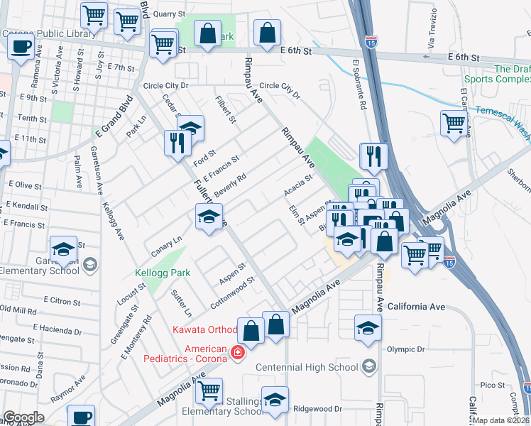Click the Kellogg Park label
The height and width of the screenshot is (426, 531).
[x=158, y=273]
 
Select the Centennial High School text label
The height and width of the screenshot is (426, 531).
[x=306, y=366]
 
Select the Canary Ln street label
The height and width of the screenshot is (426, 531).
[x=166, y=246]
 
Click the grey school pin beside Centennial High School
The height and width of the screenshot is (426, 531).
[x=368, y=366]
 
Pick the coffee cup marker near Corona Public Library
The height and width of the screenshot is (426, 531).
[x=21, y=47]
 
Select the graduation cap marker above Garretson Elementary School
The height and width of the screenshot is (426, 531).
[x=63, y=249]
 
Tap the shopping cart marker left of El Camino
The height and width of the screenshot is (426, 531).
[x=454, y=124]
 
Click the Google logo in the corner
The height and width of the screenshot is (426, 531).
[x=23, y=417]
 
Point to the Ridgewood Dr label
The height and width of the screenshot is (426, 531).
[x=317, y=409]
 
